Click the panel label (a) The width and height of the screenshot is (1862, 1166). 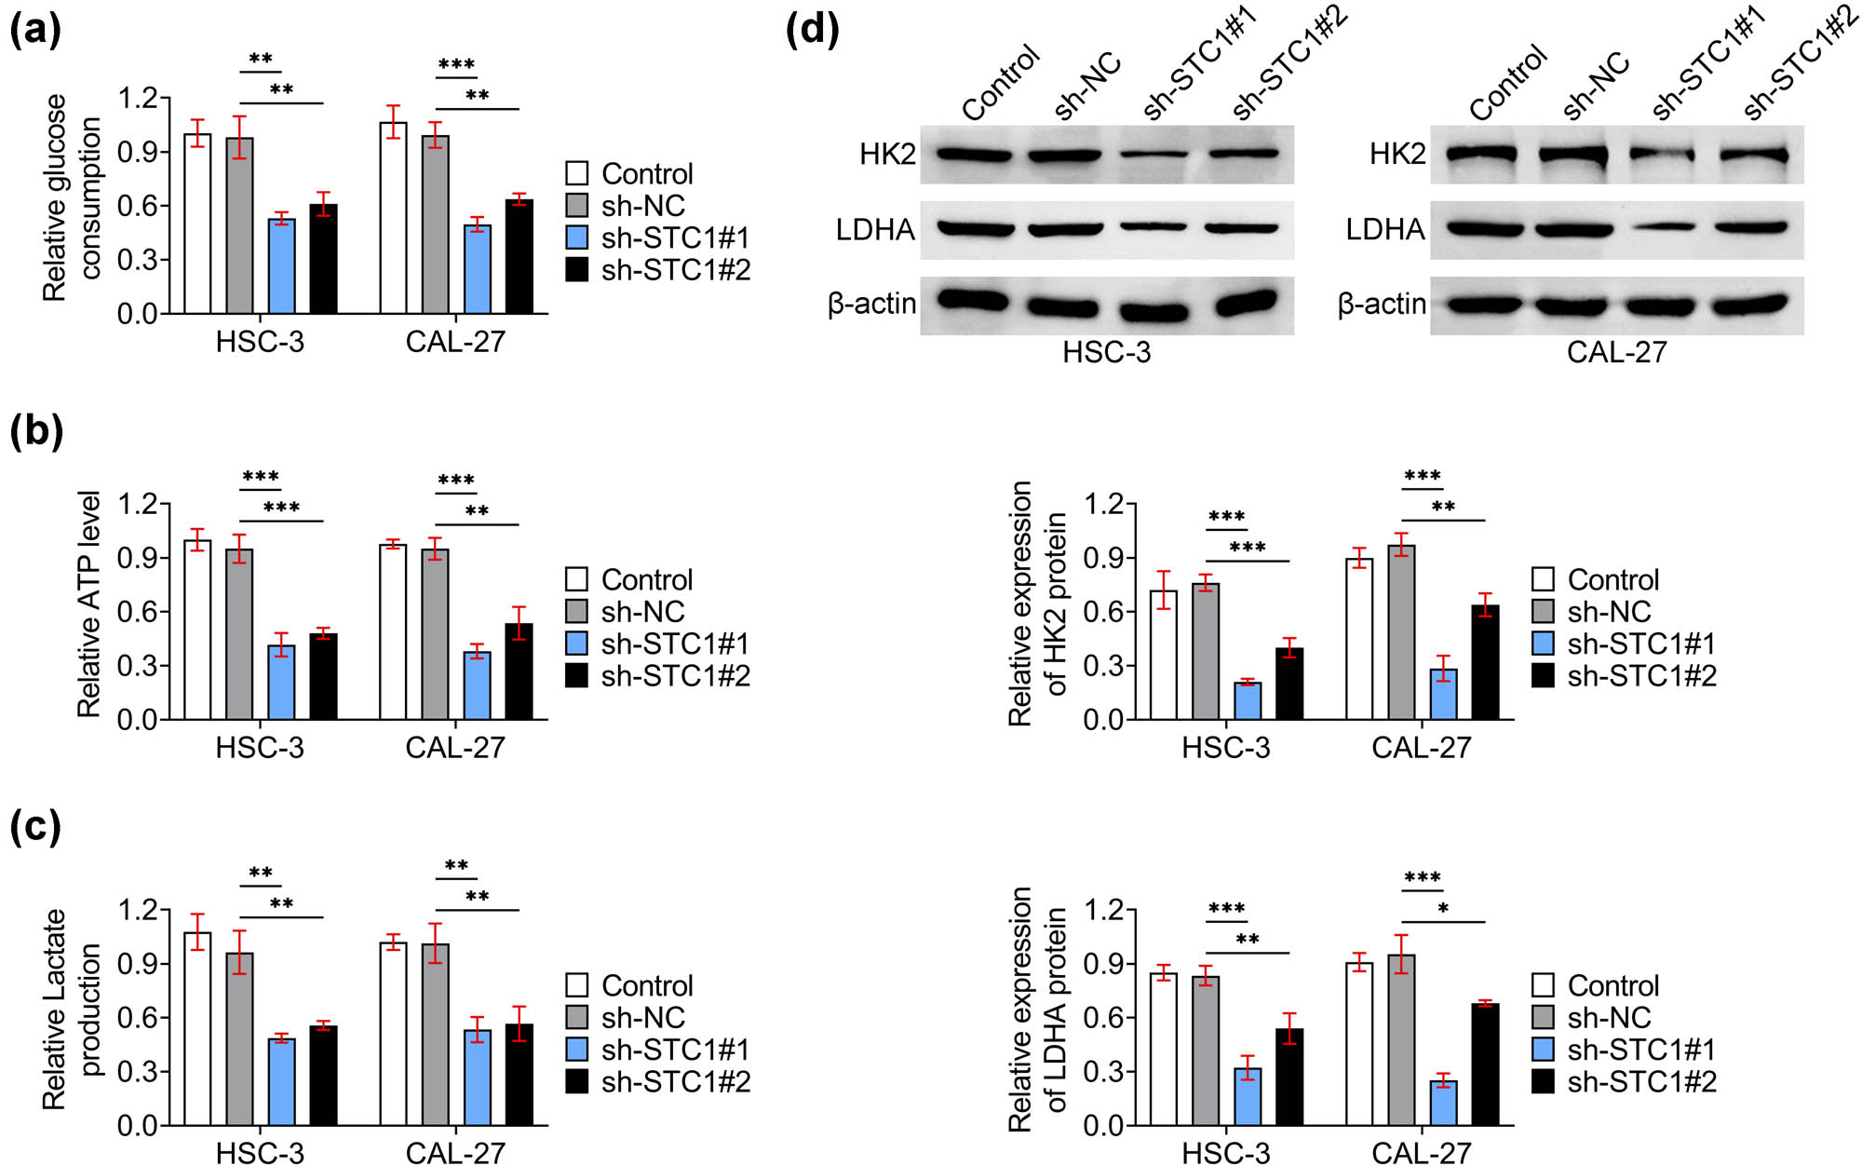point(35,30)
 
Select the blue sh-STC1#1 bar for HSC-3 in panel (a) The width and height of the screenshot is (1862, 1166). point(281,266)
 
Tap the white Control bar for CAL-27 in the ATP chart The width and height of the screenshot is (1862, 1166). point(393,632)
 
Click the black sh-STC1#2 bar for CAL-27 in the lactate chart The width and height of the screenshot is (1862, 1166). point(519,1075)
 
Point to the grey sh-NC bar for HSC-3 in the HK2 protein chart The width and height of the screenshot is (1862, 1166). point(1206,652)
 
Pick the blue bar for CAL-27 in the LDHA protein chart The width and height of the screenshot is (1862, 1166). point(1443,1103)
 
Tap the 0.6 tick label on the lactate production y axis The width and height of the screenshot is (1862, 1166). point(137,1018)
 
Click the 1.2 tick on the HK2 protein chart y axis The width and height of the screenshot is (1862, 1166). point(1103,505)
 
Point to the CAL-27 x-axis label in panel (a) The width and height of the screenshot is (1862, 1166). point(455,342)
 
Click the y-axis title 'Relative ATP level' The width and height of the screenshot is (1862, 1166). point(88,604)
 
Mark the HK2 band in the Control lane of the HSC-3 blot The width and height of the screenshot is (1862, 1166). point(974,154)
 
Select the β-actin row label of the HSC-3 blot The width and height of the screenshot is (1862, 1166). point(871,305)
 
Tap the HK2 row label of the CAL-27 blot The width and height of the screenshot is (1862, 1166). point(1396,154)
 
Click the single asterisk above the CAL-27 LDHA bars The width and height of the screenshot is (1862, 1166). point(1443,908)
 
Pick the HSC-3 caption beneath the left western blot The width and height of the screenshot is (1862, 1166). point(1106,352)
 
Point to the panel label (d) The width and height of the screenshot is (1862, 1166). point(812,30)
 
